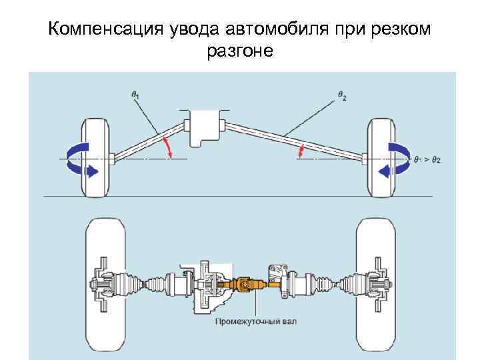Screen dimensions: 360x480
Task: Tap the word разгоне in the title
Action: [x=240, y=51]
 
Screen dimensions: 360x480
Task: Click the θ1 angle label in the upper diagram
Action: [x=135, y=95]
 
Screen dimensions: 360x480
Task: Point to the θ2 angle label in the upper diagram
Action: [x=342, y=96]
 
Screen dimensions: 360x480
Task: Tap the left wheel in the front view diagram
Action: [x=93, y=157]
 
